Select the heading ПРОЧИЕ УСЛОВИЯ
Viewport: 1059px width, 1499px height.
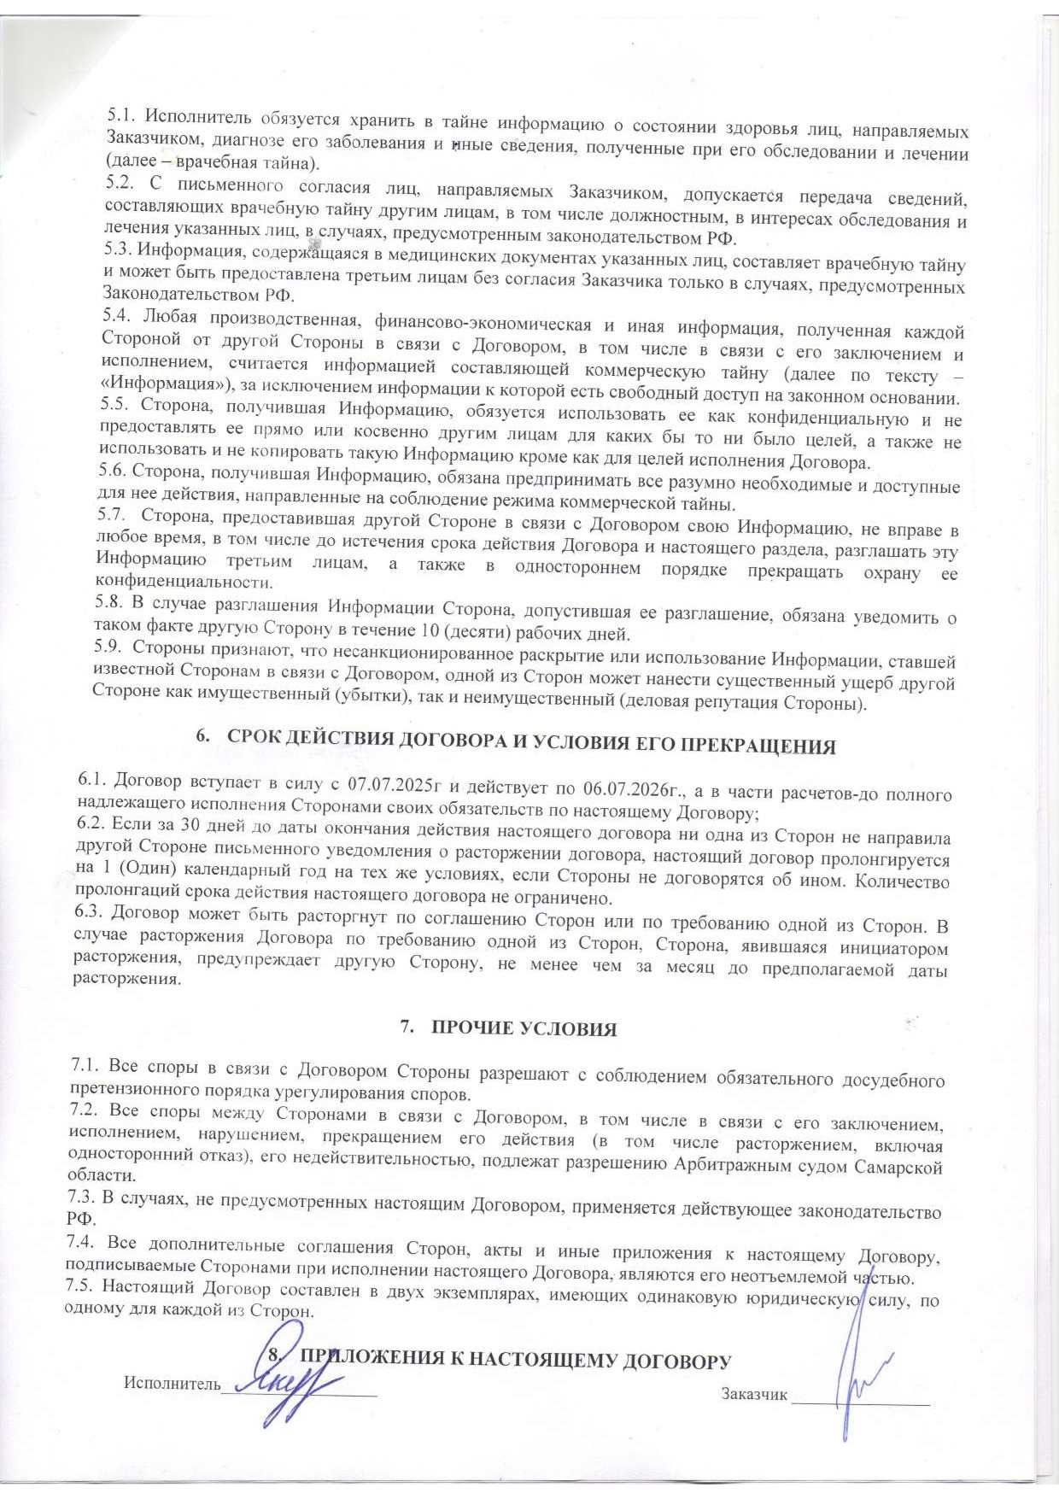click(x=524, y=1028)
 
